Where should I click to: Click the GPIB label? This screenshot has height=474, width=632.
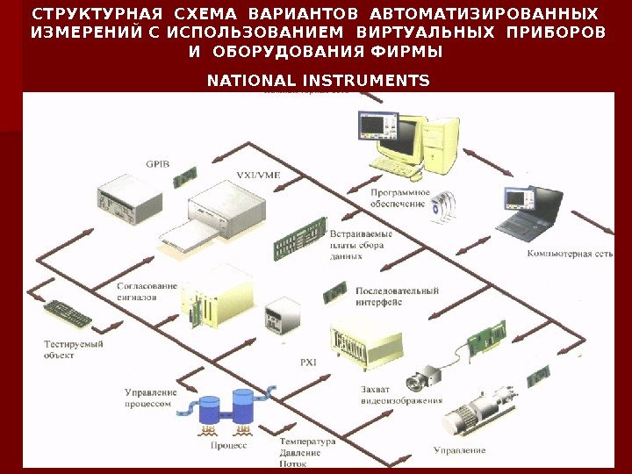coord(158,163)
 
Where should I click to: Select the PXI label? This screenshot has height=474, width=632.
coord(308,361)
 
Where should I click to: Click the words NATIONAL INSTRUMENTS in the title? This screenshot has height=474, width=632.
coord(318,81)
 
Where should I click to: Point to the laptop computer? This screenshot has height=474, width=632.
coord(529,213)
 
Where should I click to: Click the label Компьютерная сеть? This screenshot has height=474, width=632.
coord(569,254)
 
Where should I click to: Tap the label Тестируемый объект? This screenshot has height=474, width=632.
coord(74,349)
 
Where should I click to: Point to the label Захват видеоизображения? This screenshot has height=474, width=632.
coord(400,395)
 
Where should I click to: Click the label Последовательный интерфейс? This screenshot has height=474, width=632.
coord(397,296)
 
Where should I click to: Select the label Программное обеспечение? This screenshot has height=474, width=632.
coord(399,197)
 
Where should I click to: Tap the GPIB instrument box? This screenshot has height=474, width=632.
coord(129,199)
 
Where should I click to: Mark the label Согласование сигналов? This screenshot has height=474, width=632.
coord(147,291)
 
